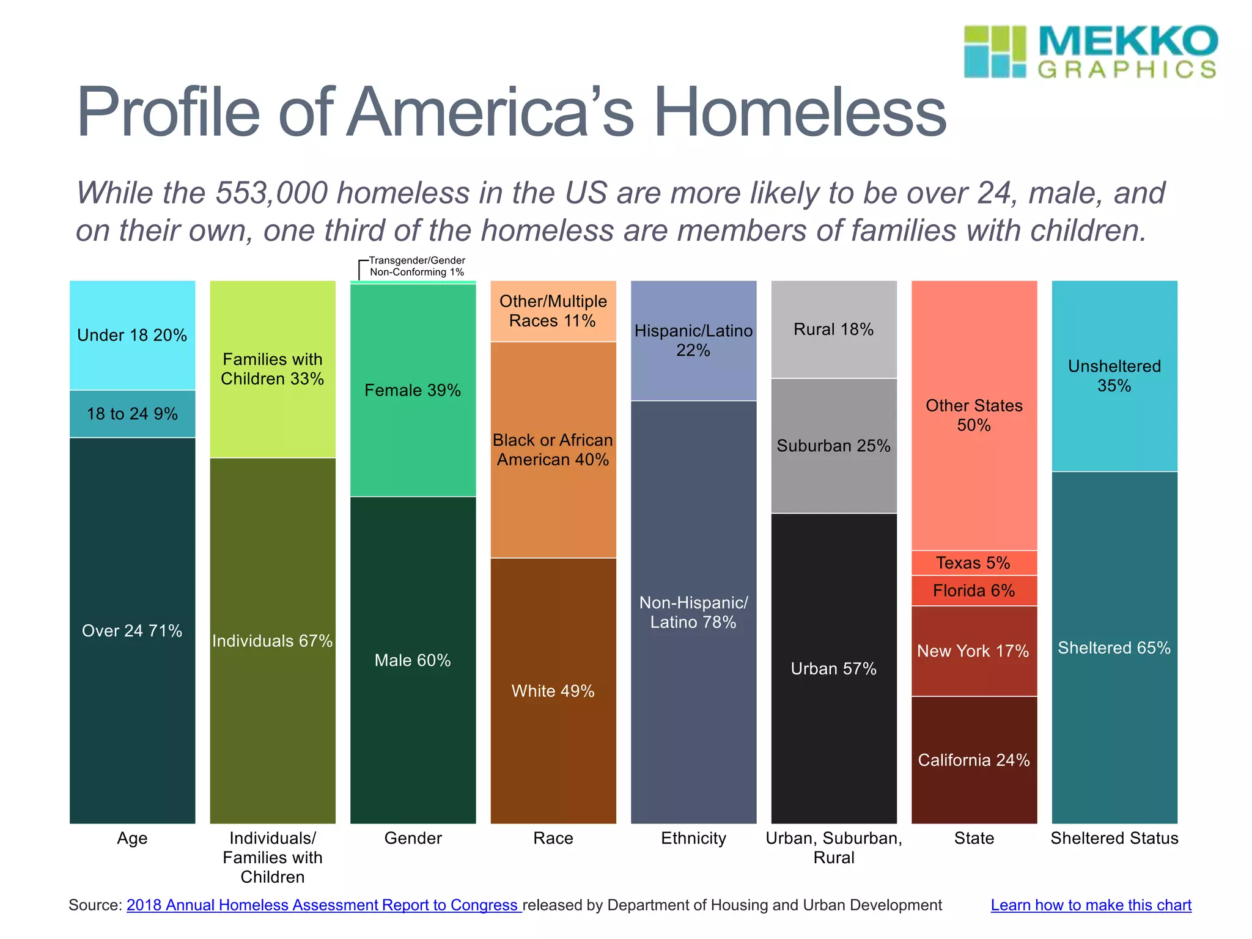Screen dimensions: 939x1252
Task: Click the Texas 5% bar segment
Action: point(973,562)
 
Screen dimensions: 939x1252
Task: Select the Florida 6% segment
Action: point(973,591)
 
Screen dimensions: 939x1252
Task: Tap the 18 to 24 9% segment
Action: point(132,414)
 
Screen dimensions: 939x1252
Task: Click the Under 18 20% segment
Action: point(132,335)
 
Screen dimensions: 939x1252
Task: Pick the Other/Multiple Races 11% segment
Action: point(553,311)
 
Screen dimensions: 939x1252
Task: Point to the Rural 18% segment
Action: point(833,329)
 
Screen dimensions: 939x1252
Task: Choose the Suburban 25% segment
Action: point(833,446)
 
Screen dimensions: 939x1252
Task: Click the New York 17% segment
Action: point(973,651)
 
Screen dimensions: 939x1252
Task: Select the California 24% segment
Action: point(973,760)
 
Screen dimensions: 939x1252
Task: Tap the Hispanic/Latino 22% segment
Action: point(693,341)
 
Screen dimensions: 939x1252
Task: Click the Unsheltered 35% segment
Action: point(1114,375)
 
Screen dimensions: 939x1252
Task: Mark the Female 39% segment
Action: point(413,390)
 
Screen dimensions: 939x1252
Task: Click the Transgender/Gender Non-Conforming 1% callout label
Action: point(417,267)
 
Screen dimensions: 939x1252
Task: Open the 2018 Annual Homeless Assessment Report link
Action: point(323,905)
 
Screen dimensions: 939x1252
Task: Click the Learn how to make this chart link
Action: point(1091,905)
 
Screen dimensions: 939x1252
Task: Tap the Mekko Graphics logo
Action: point(1091,52)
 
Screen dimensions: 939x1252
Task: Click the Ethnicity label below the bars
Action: point(693,838)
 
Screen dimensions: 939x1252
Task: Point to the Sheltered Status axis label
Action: point(1114,838)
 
